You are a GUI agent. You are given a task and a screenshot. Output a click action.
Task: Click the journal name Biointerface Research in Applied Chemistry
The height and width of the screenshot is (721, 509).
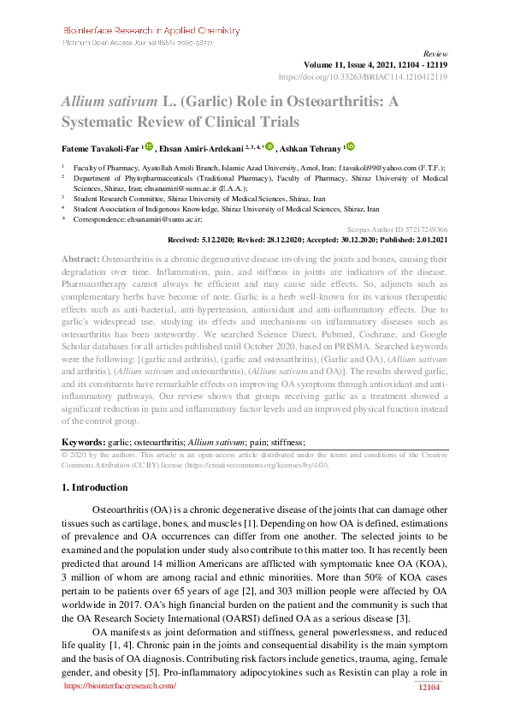pos(151,31)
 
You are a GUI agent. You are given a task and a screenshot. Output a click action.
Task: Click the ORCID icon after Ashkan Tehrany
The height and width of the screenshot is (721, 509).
pos(350,146)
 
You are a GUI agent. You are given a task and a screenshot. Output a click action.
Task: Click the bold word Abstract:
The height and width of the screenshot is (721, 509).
pos(80,259)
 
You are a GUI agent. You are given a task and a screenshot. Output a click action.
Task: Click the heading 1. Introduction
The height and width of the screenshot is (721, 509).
pos(96,487)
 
